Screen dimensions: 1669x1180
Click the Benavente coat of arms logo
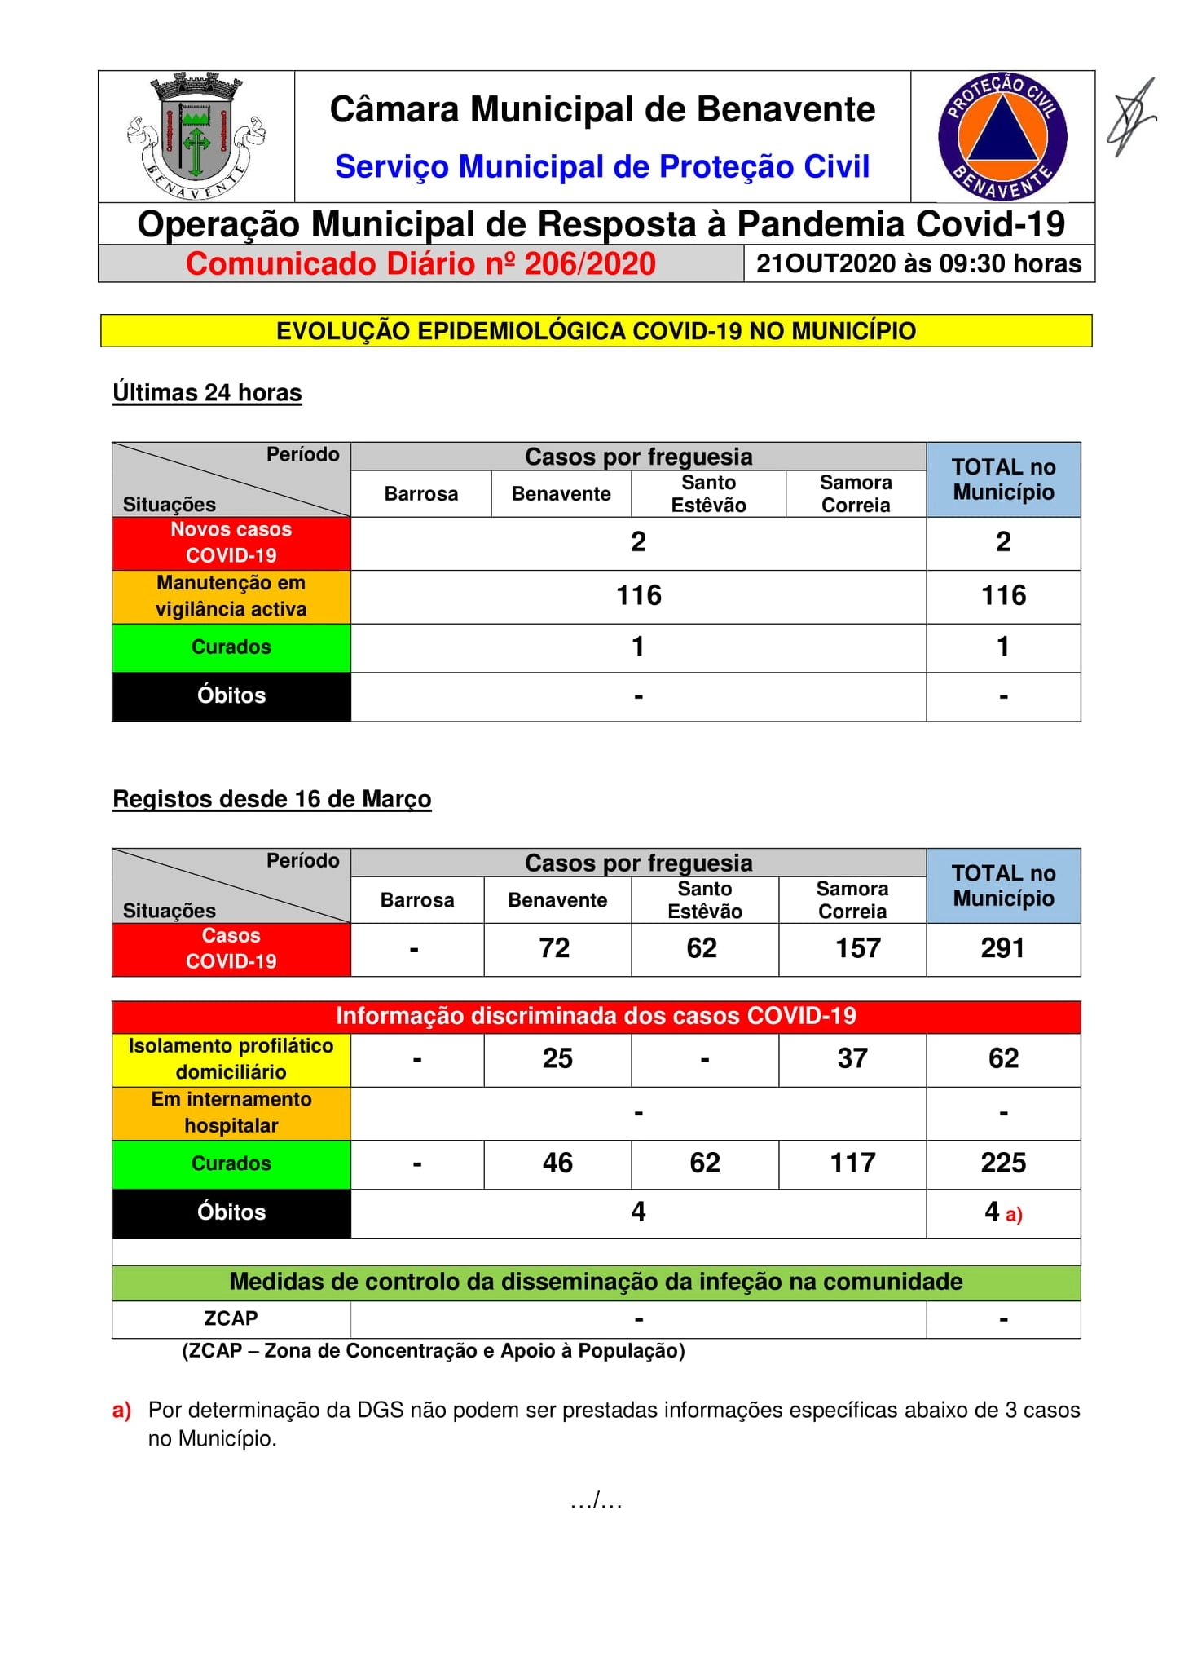click(x=196, y=136)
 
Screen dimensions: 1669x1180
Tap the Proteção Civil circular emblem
click(x=1002, y=136)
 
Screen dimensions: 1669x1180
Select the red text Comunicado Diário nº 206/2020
click(x=420, y=264)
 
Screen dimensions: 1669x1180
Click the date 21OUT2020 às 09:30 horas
click(x=918, y=264)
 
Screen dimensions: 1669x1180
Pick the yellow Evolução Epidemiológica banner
click(x=596, y=331)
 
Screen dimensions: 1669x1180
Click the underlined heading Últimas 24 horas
click(x=207, y=393)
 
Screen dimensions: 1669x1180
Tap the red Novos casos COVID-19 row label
click(x=231, y=542)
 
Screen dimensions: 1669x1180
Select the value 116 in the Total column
click(x=1003, y=596)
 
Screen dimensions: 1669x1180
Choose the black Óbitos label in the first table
click(x=231, y=695)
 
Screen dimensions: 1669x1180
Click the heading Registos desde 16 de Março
click(x=271, y=799)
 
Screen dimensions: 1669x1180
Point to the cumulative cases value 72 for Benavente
click(x=554, y=948)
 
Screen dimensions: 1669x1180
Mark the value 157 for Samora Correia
click(x=857, y=948)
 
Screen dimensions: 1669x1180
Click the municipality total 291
click(x=1002, y=948)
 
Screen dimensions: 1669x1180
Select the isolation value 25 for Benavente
click(x=557, y=1058)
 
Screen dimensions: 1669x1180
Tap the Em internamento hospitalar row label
click(x=231, y=1112)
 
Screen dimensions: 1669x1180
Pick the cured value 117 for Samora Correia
click(x=852, y=1163)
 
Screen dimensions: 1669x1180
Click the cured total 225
click(x=1003, y=1163)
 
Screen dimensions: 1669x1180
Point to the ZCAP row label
click(x=231, y=1318)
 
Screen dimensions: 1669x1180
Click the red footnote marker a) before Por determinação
click(x=121, y=1411)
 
